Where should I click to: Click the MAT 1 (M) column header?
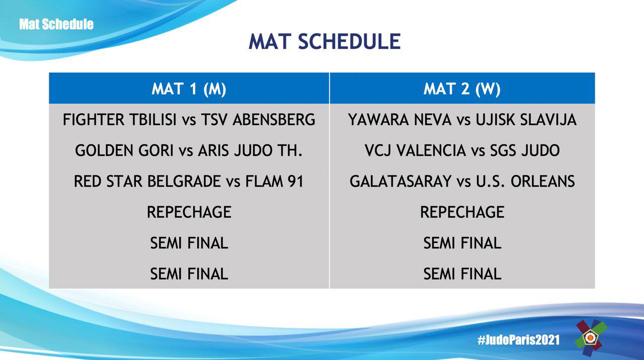pyautogui.click(x=189, y=89)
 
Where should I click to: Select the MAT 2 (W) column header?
pyautogui.click(x=462, y=89)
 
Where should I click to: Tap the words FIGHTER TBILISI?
pyautogui.click(x=119, y=120)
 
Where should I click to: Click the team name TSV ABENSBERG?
pyautogui.click(x=258, y=120)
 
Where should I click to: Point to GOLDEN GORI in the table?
pyautogui.click(x=124, y=150)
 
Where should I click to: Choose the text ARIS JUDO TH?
pyautogui.click(x=250, y=150)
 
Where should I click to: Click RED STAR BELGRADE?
pyautogui.click(x=147, y=182)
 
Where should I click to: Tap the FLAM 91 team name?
pyautogui.click(x=274, y=182)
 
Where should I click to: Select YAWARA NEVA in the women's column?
pyautogui.click(x=400, y=120)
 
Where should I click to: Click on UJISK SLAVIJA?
pyautogui.click(x=526, y=120)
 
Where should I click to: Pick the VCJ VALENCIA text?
pyautogui.click(x=415, y=150)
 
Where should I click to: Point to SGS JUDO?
pyautogui.click(x=525, y=150)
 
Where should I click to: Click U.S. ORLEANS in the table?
pyautogui.click(x=525, y=182)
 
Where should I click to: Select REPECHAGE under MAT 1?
pyautogui.click(x=189, y=212)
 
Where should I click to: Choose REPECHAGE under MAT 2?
pyautogui.click(x=462, y=212)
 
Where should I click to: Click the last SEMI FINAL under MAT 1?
pyautogui.click(x=189, y=274)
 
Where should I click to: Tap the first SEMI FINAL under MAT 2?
pyautogui.click(x=462, y=243)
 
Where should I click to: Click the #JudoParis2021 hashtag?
pyautogui.click(x=519, y=340)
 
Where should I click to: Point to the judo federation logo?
pyautogui.click(x=590, y=338)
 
